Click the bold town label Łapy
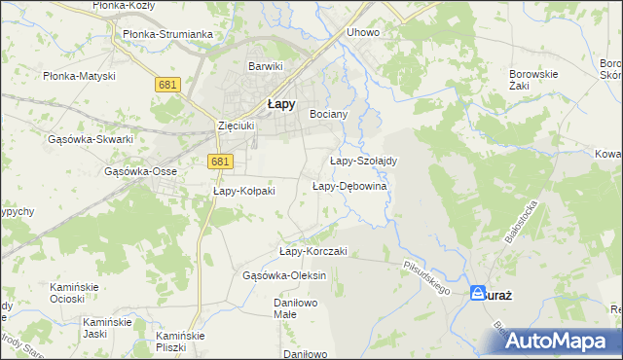282,105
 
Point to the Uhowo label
363,32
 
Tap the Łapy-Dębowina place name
349,186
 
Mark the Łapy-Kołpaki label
244,191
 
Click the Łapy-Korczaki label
312,251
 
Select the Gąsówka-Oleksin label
284,275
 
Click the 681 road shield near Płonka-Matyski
167,86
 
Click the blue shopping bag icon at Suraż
478,292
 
